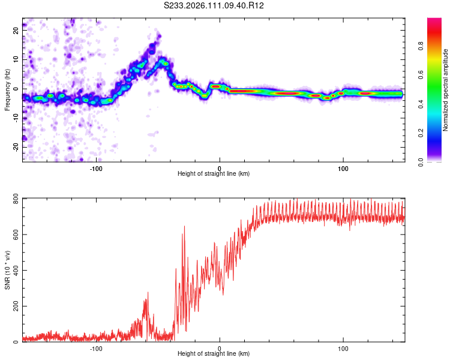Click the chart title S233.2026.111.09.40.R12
tap(214, 6)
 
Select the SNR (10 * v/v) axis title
tap(7, 270)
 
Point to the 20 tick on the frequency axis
tap(16, 29)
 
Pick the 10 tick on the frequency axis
tap(16, 59)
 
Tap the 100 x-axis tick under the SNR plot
tap(343, 349)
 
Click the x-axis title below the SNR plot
tap(214, 355)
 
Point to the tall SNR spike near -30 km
tap(184, 227)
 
